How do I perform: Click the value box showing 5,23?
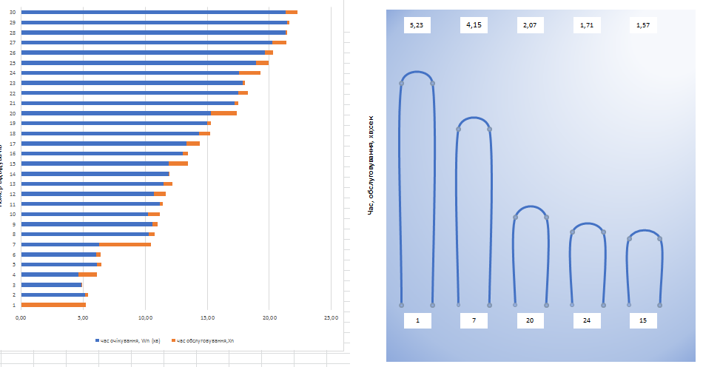(x=417, y=25)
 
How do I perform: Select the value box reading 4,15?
(x=474, y=25)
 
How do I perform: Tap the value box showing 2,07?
(x=530, y=25)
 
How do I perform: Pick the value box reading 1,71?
(x=587, y=25)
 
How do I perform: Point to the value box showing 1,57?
(x=643, y=25)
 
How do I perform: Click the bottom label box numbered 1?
(x=417, y=320)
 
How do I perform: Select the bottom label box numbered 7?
(x=474, y=320)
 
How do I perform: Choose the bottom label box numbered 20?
(x=530, y=320)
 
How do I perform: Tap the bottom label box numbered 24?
(x=587, y=320)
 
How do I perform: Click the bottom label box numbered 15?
(x=643, y=320)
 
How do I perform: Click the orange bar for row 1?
(x=53, y=305)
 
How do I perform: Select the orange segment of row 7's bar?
(x=125, y=244)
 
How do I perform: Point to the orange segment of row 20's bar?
(x=224, y=112)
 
